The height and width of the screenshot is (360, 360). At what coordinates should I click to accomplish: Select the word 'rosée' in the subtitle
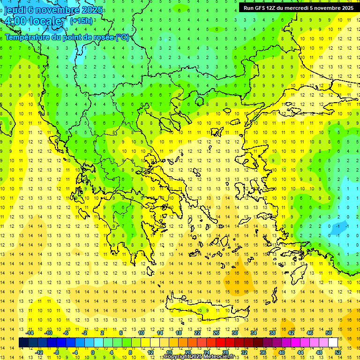pyautogui.click(x=96, y=37)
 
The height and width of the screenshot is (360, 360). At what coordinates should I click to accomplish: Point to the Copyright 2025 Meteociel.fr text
pyautogui.click(x=199, y=357)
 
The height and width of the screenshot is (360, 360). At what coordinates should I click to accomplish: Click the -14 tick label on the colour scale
pyautogui.click(x=30, y=333)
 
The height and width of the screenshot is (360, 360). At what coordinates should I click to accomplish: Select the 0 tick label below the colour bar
pyautogui.click(x=92, y=352)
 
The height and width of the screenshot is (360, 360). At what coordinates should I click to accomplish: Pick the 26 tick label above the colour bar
pyautogui.click(x=217, y=333)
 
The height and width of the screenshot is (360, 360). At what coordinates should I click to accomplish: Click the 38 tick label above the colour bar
pyautogui.click(x=272, y=333)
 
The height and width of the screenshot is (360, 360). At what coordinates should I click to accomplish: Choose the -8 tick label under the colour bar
pyautogui.click(x=57, y=352)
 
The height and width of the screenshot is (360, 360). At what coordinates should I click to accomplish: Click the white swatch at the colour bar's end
pyautogui.click(x=333, y=343)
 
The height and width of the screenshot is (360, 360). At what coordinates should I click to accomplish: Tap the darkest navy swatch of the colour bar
pyautogui.click(x=24, y=343)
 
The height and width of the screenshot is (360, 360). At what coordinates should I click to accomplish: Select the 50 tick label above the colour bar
pyautogui.click(x=329, y=333)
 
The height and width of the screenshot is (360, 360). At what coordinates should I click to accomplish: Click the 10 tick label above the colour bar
pyautogui.click(x=141, y=333)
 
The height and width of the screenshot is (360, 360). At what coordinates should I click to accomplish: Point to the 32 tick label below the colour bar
pyautogui.click(x=244, y=352)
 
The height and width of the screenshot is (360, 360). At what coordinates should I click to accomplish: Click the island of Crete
pyautogui.click(x=206, y=310)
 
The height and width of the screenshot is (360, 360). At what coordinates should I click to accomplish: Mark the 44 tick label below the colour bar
pyautogui.click(x=300, y=352)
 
